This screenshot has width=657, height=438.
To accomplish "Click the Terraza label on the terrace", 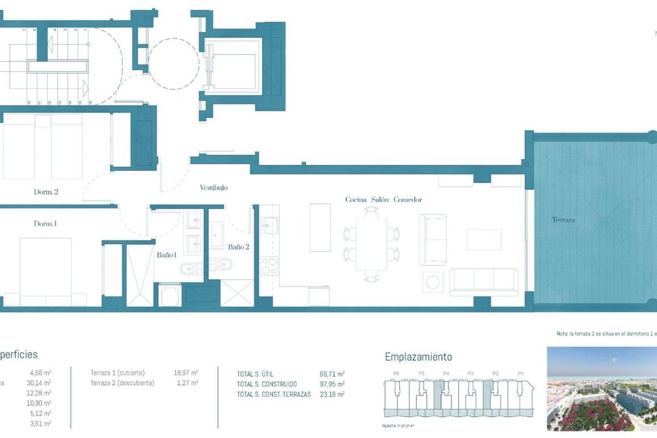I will coord(563,220).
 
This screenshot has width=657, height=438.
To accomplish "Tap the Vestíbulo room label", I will coord(214,188).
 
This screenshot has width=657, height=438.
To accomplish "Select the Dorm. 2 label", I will coord(46,192).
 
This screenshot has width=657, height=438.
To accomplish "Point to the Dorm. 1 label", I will coord(45,224).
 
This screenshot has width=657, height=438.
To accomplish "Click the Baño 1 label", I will coord(166,255).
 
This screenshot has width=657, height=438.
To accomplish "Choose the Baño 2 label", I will coord(238,247).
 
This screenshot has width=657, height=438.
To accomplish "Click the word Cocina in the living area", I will coord(356,200).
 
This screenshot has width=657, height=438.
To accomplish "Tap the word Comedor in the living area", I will coord(408,200).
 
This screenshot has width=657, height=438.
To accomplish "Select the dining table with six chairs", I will coord(371,243).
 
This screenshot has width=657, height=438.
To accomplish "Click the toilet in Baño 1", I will coord(190,266).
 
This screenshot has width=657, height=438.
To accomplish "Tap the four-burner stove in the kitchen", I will coord(269,266).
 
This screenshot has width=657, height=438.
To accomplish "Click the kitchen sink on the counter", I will coord(269,227).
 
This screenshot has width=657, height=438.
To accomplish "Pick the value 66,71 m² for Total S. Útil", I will coord(332,374).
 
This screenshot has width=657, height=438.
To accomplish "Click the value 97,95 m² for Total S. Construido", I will coord(332,384).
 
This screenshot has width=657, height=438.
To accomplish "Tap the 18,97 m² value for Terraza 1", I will coord(186,372).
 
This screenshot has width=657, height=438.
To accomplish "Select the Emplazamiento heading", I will coord(418,357).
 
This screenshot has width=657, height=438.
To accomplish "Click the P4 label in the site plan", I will coord(446,374).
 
